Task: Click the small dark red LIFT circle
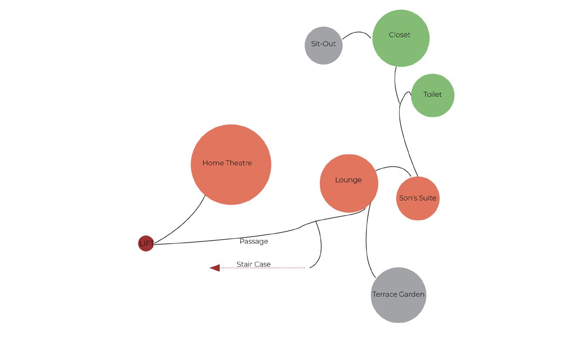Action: coord(146,243)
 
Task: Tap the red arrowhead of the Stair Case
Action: coord(215,268)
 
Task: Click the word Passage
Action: coord(254,241)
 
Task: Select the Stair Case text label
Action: coord(254,264)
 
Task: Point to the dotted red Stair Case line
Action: coord(262,268)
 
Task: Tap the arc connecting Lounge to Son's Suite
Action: coord(393,167)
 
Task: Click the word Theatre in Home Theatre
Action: coord(239,163)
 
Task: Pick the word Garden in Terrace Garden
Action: coord(412,295)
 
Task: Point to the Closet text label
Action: coord(399,35)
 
